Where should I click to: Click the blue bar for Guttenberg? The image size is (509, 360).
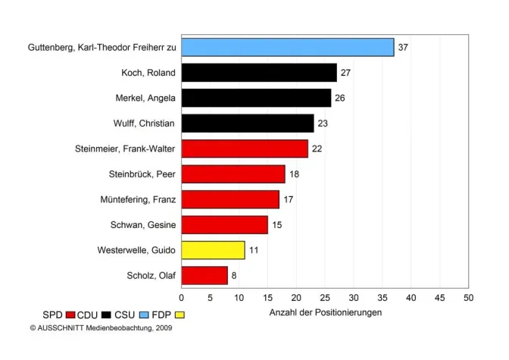pyautogui.click(x=288, y=47)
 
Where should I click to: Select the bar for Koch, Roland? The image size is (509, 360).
pyautogui.click(x=259, y=73)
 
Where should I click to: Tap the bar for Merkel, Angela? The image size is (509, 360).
pyautogui.click(x=256, y=98)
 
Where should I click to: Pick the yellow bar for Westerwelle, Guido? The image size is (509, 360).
pyautogui.click(x=213, y=249)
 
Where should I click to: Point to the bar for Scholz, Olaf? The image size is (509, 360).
pyautogui.click(x=205, y=275)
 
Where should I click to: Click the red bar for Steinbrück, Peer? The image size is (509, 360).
pyautogui.click(x=233, y=174)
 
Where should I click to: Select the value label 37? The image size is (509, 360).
pyautogui.click(x=403, y=47)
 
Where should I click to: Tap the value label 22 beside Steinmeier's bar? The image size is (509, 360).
pyautogui.click(x=317, y=149)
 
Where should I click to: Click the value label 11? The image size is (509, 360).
pyautogui.click(x=254, y=249)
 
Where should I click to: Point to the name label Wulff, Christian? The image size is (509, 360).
pyautogui.click(x=145, y=124)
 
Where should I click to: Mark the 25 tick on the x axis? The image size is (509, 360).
pyautogui.click(x=325, y=298)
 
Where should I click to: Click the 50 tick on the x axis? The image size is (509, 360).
pyautogui.click(x=469, y=298)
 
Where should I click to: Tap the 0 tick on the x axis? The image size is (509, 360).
pyautogui.click(x=182, y=298)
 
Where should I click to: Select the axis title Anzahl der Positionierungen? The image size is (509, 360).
pyautogui.click(x=326, y=312)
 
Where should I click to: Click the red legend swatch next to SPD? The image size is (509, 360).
pyautogui.click(x=70, y=315)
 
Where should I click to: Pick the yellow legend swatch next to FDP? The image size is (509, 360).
pyautogui.click(x=180, y=315)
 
